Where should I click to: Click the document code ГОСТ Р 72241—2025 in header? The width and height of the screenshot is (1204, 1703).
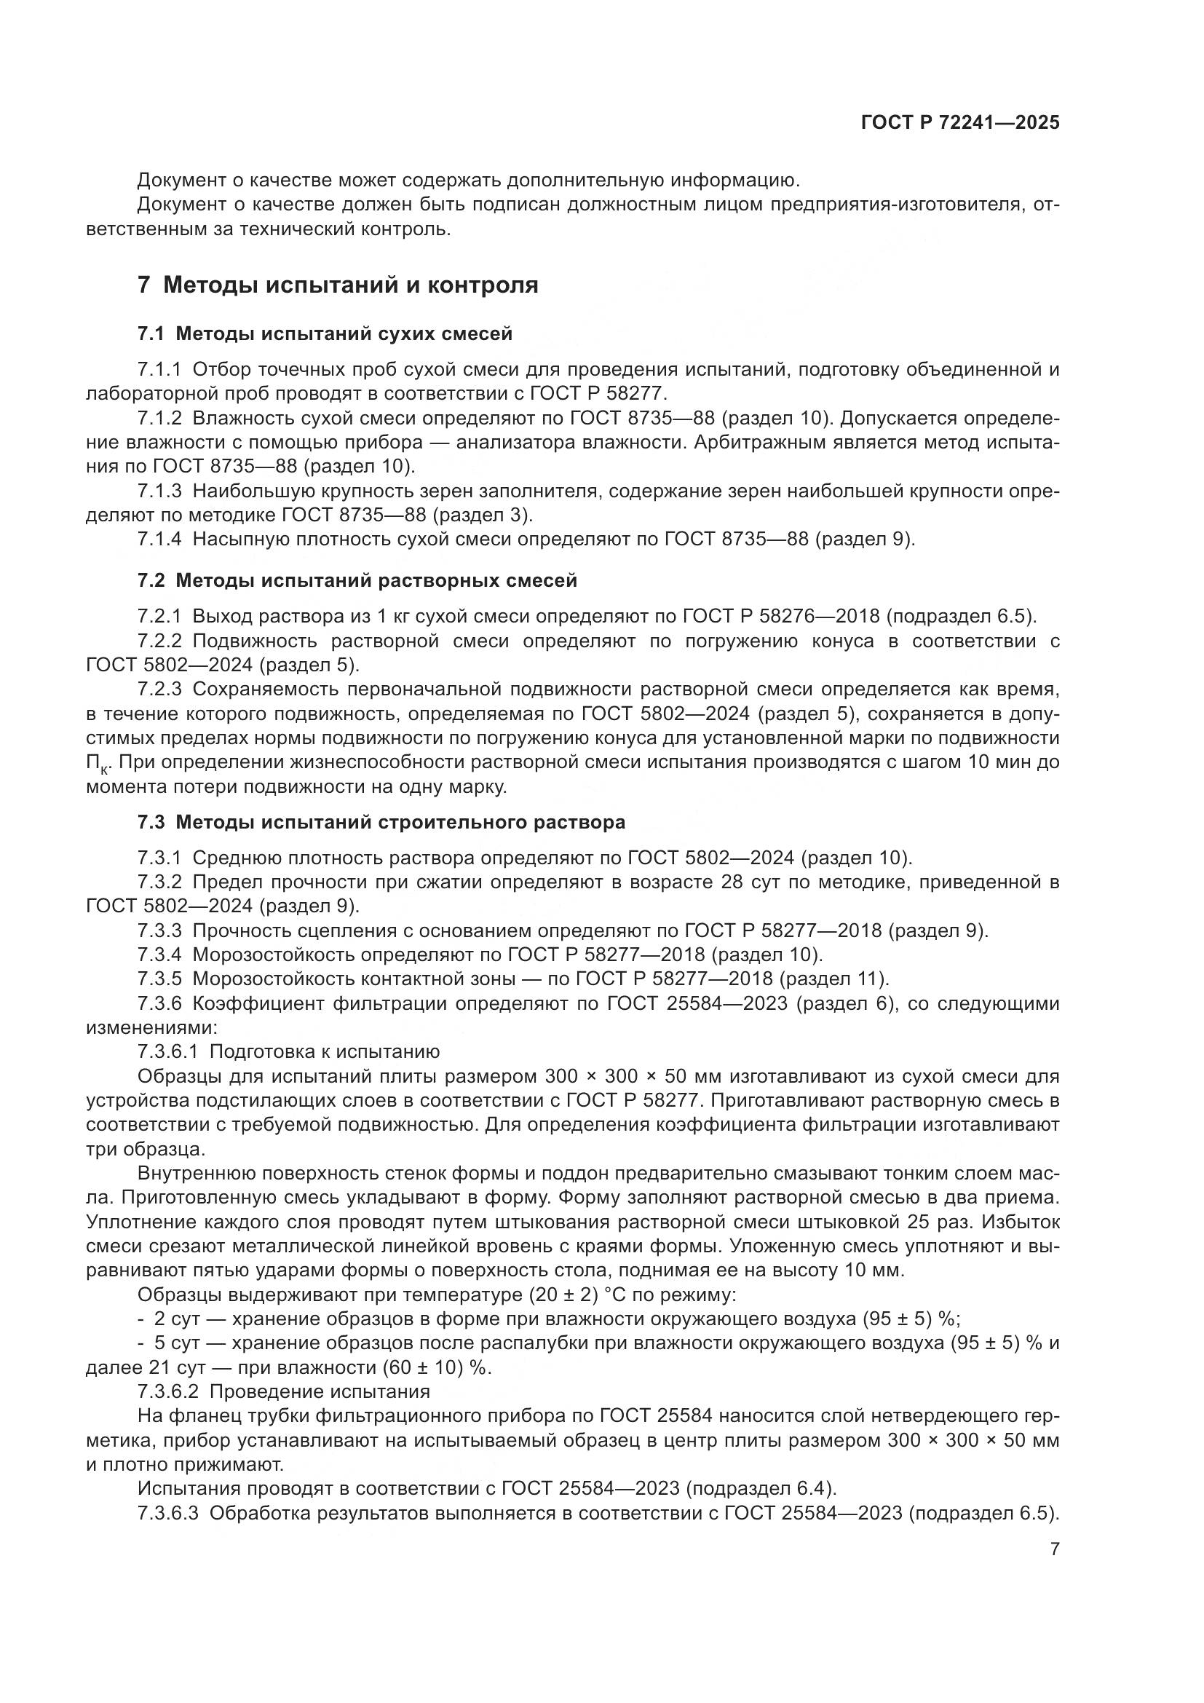pyautogui.click(x=960, y=123)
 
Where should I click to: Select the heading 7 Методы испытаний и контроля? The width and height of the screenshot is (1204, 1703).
pyautogui.click(x=338, y=285)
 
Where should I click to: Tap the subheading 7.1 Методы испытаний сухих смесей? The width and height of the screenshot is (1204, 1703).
pyautogui.click(x=325, y=333)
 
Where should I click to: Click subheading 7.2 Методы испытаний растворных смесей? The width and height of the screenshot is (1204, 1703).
pyautogui.click(x=357, y=580)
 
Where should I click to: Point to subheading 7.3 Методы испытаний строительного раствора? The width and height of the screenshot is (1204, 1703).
pyautogui.click(x=381, y=822)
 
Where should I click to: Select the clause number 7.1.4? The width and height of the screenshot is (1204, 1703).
pyautogui.click(x=159, y=540)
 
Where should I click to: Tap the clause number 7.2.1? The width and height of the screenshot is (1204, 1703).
pyautogui.click(x=159, y=616)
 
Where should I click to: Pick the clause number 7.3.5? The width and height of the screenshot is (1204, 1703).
pyautogui.click(x=159, y=979)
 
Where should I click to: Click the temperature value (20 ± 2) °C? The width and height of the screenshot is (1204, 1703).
pyautogui.click(x=588, y=1295)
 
